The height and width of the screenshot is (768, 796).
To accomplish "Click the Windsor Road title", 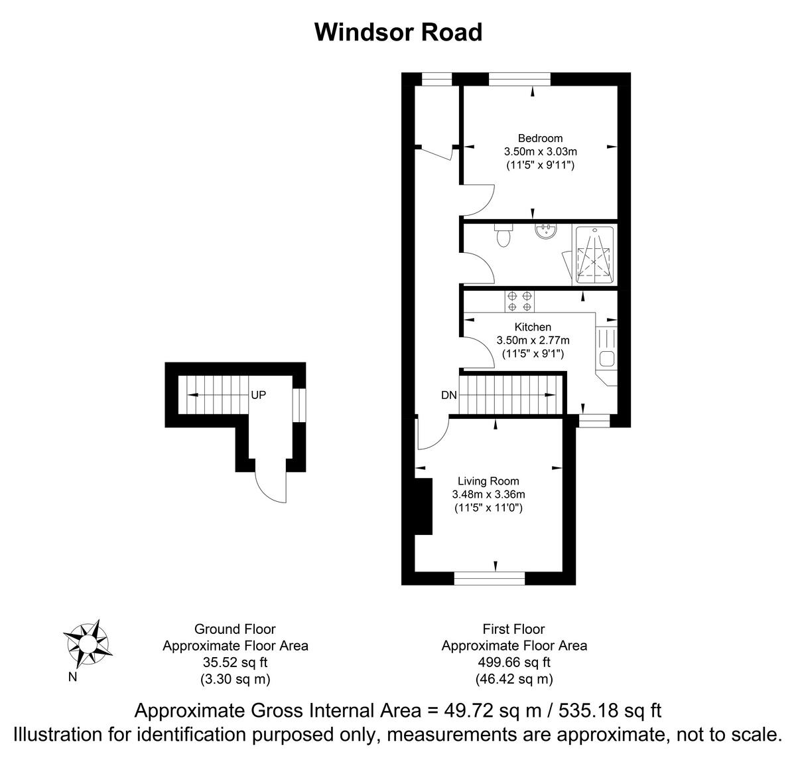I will coord(398,32).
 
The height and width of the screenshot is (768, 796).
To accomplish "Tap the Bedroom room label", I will coord(540,139).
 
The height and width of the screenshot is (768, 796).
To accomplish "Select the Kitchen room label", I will coord(533,327).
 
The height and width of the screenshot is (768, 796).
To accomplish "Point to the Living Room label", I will coord(488,481).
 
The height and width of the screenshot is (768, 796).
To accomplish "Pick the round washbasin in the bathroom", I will coord(547,232).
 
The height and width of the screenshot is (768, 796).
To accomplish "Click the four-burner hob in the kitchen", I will coord(519,302).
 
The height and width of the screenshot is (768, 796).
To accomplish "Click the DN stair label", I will coord(449,396).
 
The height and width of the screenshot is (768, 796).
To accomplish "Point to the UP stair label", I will coord(259,395).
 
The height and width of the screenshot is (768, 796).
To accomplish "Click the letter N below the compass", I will coord(74,678).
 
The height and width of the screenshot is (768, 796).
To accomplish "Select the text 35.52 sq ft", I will coord(235,662).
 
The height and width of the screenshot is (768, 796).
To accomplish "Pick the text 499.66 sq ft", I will coord(514,662).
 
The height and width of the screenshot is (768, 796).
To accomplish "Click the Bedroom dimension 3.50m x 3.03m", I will coord(540,151).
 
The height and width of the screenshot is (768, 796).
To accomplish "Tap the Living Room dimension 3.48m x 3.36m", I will coord(488,495).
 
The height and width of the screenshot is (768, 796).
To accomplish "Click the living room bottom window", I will coord(490,578).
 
